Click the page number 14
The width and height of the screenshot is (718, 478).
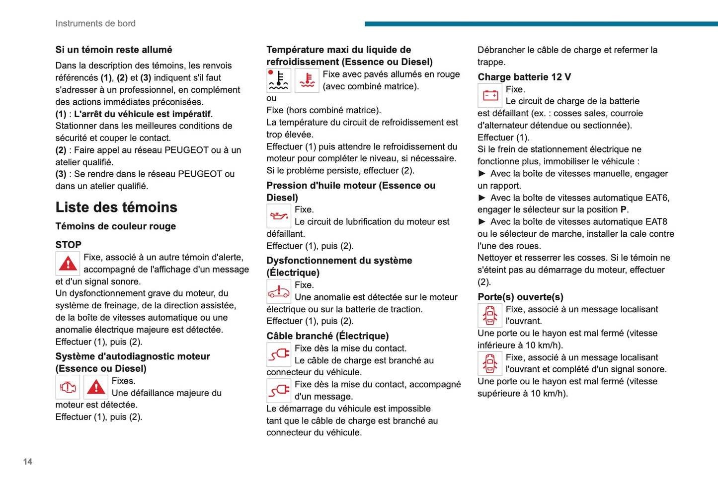28,462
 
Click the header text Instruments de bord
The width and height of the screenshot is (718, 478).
95,23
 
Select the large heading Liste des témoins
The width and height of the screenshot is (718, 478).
116,207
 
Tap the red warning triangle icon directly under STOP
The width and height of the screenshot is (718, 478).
68,264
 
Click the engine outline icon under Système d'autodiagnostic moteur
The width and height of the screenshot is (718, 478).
68,387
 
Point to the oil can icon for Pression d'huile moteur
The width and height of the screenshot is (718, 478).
279,216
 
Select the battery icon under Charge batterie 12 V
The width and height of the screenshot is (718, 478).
490,95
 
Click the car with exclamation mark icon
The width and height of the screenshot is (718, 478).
279,291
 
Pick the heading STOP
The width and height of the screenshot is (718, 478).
69,245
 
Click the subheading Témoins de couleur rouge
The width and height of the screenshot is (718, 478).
116,226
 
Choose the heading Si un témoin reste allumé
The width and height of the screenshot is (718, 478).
114,50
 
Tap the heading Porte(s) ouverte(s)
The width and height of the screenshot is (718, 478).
520,297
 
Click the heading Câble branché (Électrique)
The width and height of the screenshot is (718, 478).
327,336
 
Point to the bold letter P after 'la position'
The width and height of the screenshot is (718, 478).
624,209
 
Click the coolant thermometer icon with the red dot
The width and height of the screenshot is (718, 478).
279,80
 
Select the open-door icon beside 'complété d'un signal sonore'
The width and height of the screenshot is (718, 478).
490,363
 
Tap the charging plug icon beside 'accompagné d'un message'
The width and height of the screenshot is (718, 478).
279,391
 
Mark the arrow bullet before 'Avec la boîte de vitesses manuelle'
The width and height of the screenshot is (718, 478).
482,174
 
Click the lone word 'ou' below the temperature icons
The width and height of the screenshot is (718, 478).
271,98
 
